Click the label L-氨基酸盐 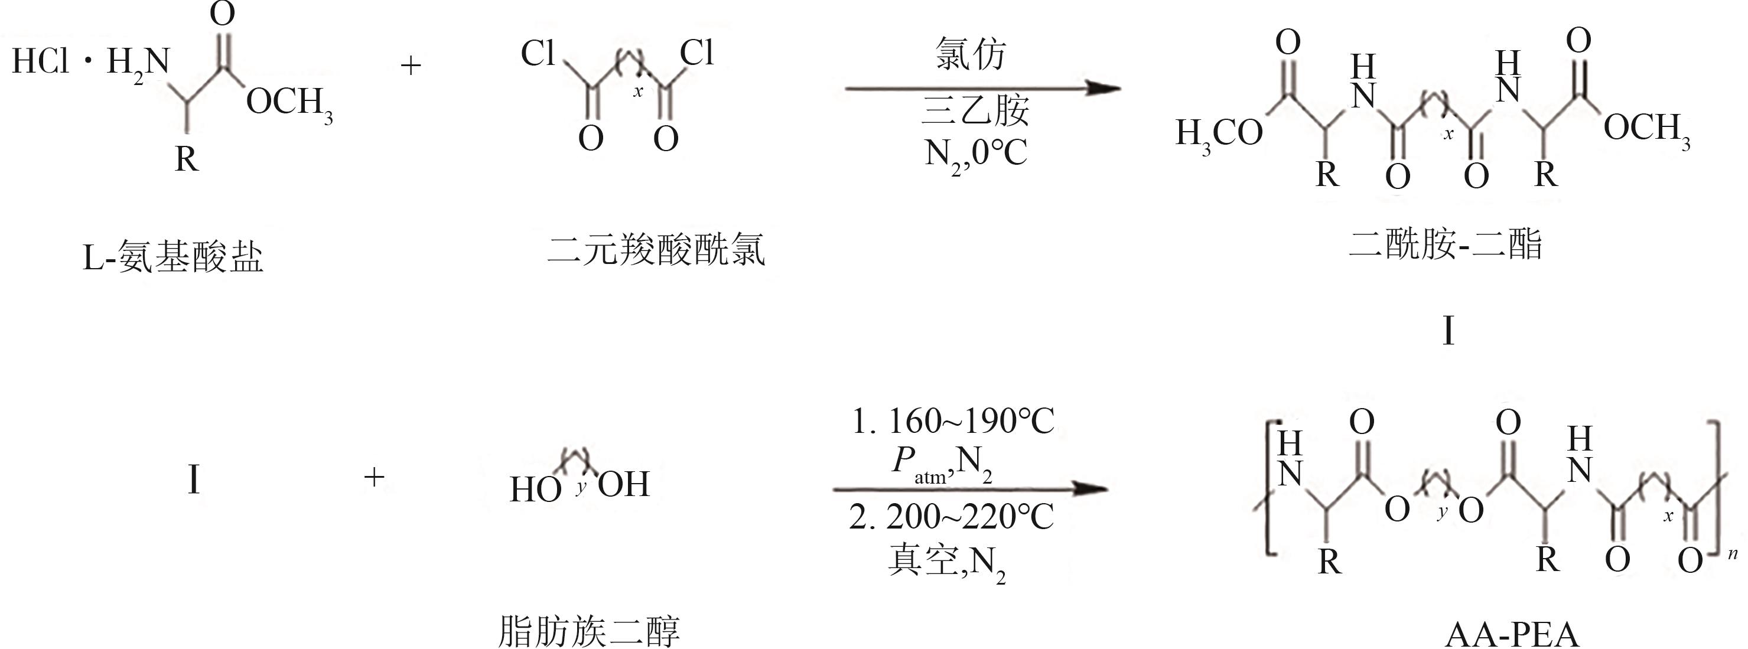[x=173, y=257]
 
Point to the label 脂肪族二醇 [x=589, y=631]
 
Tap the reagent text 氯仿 [x=971, y=54]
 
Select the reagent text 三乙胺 [x=975, y=110]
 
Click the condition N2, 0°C [x=975, y=154]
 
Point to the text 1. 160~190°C [x=953, y=422]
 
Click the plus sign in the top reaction [x=411, y=66]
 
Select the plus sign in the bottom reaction [x=374, y=477]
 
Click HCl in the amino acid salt [x=40, y=61]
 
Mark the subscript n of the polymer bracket [x=1733, y=554]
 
